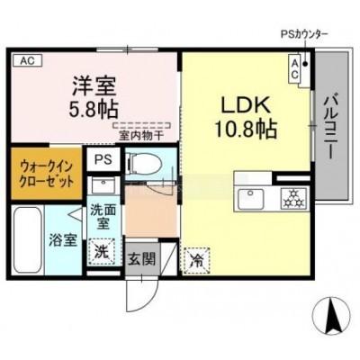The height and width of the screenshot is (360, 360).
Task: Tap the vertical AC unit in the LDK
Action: [x=294, y=68]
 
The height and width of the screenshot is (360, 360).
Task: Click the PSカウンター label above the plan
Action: [x=304, y=34]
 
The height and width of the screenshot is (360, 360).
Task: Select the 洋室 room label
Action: [x=94, y=86]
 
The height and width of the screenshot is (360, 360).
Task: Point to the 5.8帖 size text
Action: [x=94, y=109]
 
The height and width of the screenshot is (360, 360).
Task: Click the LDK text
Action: [x=245, y=105]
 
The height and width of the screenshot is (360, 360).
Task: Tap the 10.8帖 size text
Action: [x=245, y=129]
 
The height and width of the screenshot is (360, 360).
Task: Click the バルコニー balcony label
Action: [x=331, y=126]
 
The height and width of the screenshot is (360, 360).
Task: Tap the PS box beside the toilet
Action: [x=103, y=159]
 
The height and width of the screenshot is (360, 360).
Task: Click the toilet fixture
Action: [x=145, y=164]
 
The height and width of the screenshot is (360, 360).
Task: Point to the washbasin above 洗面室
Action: [x=103, y=184]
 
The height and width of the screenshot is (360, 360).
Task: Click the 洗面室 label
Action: [x=103, y=217]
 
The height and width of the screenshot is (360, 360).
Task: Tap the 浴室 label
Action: [x=63, y=240]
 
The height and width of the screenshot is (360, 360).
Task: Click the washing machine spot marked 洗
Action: [x=103, y=251]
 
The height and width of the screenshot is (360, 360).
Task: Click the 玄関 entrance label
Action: [x=142, y=258]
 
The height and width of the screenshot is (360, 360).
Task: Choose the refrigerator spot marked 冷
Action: [x=197, y=260]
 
